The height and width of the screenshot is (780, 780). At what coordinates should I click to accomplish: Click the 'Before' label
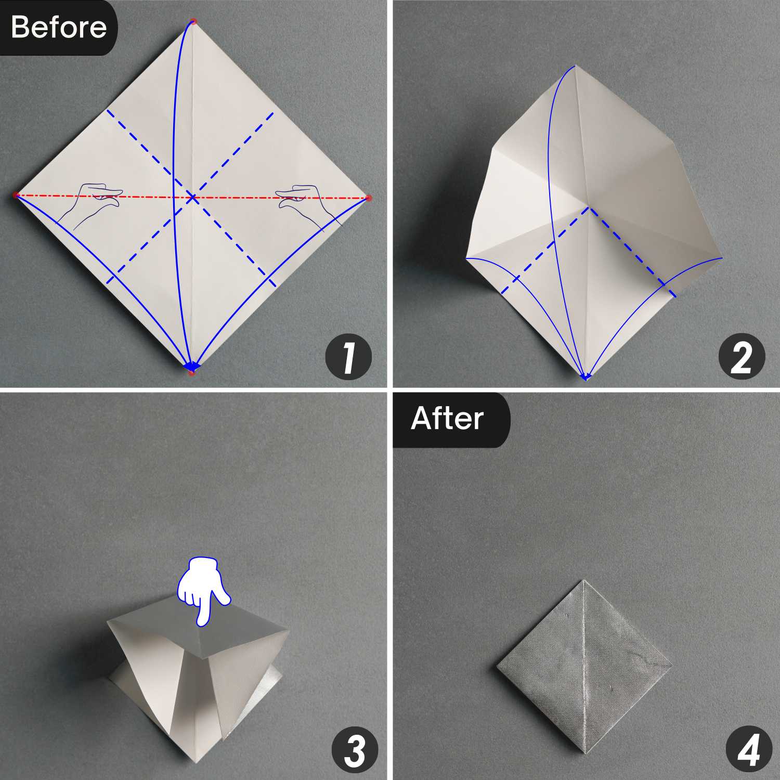coord(58,27)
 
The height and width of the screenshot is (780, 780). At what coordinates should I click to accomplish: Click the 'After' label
coord(447,419)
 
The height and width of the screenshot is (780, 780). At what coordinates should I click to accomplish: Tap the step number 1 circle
coord(348,357)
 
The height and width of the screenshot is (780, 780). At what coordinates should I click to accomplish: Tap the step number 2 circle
coord(742,357)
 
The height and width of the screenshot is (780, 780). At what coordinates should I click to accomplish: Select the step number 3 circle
coord(355,750)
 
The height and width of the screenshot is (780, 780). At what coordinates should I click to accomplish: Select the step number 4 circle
coord(749,750)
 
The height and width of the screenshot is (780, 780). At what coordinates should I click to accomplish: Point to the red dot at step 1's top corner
coord(193,21)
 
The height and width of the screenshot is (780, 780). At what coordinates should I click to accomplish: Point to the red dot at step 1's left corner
coord(16,195)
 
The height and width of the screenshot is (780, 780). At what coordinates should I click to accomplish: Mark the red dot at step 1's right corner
coord(369,198)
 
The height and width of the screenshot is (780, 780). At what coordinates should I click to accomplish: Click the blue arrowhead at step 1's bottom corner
coord(192,367)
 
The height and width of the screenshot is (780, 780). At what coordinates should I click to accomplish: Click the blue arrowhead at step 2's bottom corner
coord(586,376)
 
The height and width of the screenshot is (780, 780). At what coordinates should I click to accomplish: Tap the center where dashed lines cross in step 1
coord(192,197)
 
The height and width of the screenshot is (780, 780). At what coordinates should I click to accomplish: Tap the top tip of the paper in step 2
coord(575,67)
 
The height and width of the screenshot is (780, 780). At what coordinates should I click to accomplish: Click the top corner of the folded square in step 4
coord(583,581)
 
